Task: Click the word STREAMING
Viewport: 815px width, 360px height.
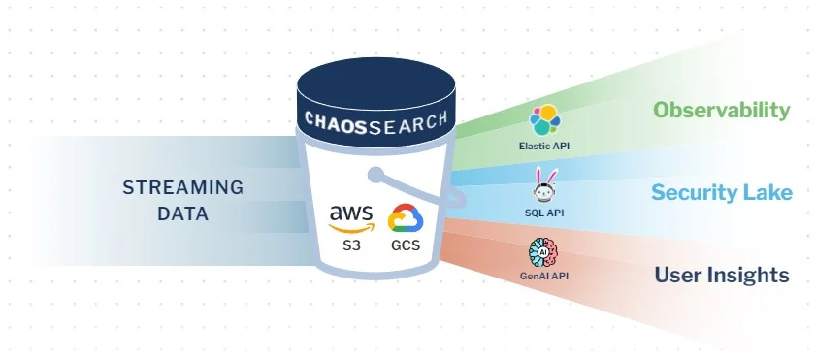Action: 182,187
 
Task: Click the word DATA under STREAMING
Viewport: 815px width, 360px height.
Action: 182,213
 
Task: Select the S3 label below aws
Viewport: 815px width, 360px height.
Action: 350,245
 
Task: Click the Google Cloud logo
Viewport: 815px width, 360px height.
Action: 405,219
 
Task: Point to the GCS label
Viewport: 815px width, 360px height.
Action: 405,245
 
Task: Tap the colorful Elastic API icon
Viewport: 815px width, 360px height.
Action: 543,121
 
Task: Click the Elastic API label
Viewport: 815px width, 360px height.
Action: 543,147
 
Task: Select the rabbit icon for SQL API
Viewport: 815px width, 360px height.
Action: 543,183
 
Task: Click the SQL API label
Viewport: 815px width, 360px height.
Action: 543,212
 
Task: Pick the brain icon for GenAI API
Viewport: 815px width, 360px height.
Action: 543,252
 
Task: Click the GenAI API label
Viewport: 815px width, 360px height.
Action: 543,277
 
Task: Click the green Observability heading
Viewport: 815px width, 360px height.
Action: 721,111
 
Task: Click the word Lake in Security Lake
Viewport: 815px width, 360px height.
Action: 769,192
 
